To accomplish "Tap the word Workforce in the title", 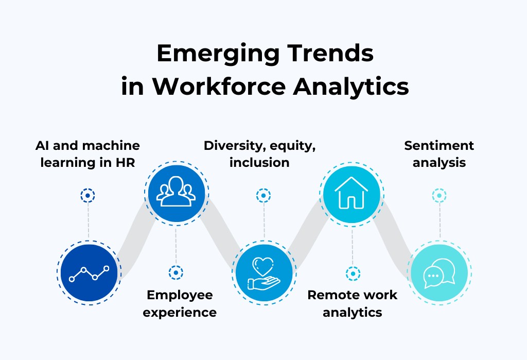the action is pos(219,87).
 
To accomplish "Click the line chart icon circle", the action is pos(89,273).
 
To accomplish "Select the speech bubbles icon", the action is pos(440,273).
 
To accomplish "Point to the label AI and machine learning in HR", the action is pos(87,154).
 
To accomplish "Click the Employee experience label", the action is pos(180,303).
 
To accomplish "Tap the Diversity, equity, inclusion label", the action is pos(259,154).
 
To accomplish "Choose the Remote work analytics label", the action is pos(352,303).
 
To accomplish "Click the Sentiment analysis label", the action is pos(439,154).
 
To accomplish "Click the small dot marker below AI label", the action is pos(87,196).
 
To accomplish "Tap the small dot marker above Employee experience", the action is pos(176,272).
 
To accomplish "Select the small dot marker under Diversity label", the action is pos(263,196).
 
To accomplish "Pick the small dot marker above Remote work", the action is pos(353,273).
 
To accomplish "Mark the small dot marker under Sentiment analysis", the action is pos(440,196).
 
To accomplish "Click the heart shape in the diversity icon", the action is pos(263,266).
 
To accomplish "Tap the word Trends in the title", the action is pos(330,54).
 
